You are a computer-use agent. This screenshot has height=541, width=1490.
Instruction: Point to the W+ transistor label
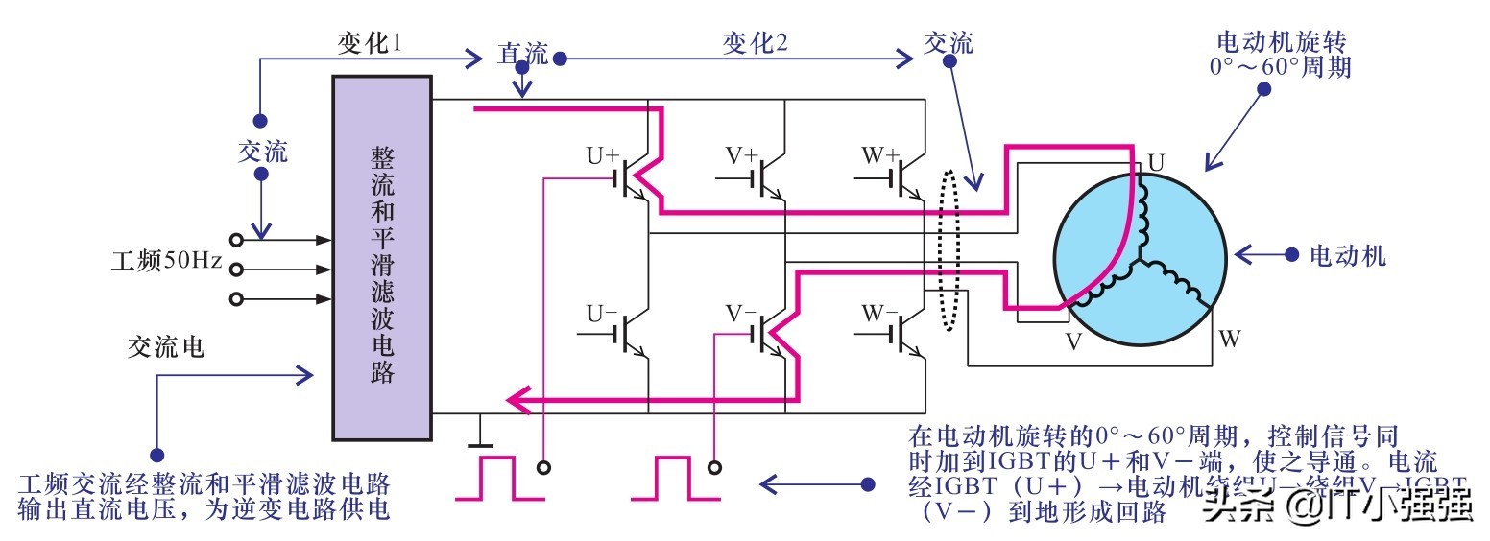pos(879,154)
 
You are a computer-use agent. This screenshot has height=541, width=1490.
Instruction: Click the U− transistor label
pos(602,313)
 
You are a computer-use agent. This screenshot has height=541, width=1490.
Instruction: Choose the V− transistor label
pos(740,313)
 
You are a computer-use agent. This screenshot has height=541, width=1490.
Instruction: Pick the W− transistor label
pos(879,313)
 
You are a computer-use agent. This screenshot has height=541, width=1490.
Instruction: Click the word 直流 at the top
pos(522,54)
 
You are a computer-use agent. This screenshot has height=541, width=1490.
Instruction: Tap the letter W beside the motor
pos(1229,339)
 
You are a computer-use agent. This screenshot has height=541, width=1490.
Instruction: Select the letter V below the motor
pos(1073,341)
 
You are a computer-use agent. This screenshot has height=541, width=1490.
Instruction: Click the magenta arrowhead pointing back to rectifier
pos(518,398)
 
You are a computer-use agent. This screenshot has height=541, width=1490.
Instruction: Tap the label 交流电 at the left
pos(165,347)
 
